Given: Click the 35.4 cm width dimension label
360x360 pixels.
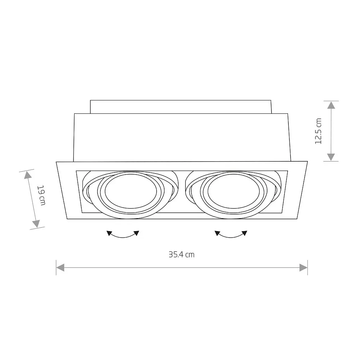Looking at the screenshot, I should (x=181, y=255).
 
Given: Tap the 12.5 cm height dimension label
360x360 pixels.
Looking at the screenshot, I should (x=318, y=131).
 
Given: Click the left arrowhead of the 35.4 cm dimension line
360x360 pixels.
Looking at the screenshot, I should (x=60, y=267).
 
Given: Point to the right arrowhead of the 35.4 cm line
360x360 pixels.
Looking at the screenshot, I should (x=303, y=267).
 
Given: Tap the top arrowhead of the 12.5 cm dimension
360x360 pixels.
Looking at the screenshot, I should (x=331, y=105).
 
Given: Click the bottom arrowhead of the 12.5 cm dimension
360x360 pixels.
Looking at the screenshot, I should (x=331, y=157).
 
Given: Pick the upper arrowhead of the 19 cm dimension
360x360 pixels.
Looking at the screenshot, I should (x=27, y=175).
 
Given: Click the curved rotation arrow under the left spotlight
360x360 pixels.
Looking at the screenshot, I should (x=123, y=234).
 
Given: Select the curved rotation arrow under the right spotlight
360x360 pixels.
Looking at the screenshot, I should (x=231, y=234).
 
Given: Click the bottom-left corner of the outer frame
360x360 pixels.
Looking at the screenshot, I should (x=67, y=219).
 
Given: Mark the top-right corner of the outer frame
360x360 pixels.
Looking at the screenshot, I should (x=307, y=162).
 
